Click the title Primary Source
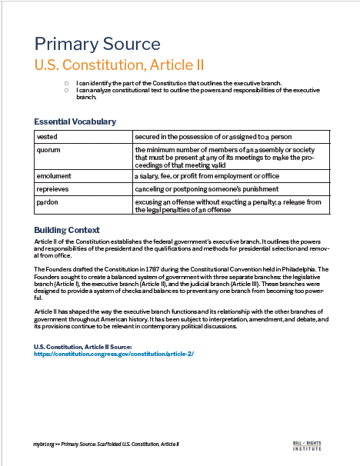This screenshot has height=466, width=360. (x=97, y=43)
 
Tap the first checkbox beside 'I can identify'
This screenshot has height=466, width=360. (x=67, y=83)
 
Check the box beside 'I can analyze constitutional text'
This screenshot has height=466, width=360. (x=67, y=91)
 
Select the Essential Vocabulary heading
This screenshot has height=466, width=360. (x=75, y=121)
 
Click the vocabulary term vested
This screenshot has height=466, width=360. (x=47, y=135)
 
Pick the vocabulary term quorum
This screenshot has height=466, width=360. (x=48, y=149)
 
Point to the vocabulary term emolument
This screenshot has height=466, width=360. (x=54, y=176)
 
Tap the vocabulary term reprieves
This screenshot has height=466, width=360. (x=53, y=189)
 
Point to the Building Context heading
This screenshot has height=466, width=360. (x=67, y=230)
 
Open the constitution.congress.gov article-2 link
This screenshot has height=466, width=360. (x=114, y=353)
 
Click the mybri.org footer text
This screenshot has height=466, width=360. (x=43, y=444)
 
